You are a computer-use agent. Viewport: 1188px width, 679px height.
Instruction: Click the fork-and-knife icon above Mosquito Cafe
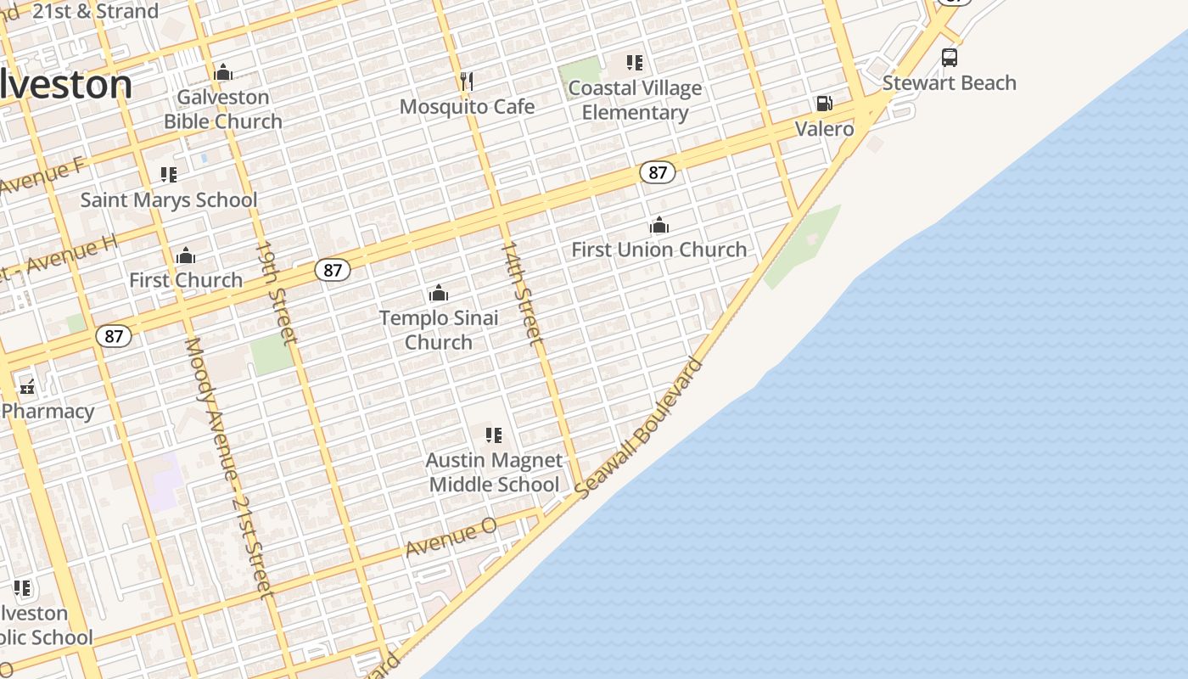point(466,81)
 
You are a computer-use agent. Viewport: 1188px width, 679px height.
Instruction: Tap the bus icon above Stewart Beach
point(950,58)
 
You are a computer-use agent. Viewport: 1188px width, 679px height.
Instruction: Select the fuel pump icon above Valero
point(824,104)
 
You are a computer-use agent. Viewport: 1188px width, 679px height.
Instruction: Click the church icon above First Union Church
point(659,225)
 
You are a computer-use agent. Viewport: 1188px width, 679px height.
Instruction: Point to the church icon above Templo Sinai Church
point(439,293)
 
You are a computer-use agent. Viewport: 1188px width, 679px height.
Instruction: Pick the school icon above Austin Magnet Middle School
point(494,435)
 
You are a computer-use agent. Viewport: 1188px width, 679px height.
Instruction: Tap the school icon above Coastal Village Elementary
point(635,63)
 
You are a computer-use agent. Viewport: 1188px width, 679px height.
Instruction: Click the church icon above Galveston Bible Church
point(223,73)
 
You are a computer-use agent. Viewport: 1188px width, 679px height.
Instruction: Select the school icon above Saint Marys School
point(169,175)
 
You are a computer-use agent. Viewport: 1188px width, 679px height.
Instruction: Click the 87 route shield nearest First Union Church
point(657,172)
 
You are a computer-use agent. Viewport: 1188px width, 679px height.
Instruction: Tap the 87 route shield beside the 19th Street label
point(332,270)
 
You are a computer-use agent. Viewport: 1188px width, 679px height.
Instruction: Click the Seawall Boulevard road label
point(639,429)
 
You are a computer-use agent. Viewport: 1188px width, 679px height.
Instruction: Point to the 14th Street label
point(522,293)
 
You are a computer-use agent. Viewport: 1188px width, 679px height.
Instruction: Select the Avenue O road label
point(451,537)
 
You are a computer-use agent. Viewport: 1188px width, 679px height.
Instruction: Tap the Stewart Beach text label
point(949,83)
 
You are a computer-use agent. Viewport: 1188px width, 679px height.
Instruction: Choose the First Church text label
point(186,280)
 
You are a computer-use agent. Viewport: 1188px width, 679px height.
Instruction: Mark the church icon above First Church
point(186,255)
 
